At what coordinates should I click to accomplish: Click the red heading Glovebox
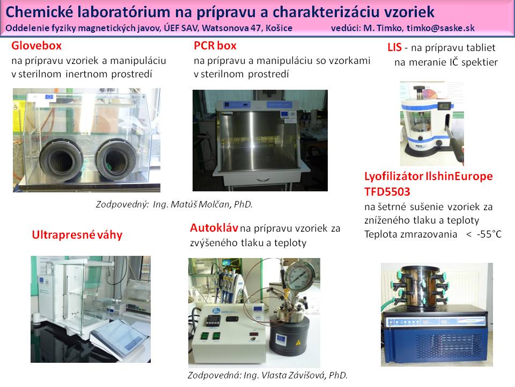[36, 45]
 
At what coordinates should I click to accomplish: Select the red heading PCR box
[215, 45]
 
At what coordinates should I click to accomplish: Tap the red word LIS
[394, 47]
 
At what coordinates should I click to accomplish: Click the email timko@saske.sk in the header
[440, 28]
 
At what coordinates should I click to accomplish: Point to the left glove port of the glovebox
[61, 160]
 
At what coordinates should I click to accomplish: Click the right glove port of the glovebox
[116, 160]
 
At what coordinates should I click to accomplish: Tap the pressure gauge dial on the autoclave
[299, 275]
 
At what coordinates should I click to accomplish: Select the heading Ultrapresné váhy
[77, 235]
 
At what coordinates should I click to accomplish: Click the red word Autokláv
[214, 228]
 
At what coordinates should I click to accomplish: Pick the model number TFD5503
[387, 191]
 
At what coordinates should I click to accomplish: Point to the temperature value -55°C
[489, 234]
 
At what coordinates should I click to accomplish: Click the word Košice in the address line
[279, 28]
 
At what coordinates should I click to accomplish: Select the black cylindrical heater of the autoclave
[289, 334]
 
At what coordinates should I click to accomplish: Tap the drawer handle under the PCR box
[264, 180]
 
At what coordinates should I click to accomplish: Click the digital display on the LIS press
[445, 106]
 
